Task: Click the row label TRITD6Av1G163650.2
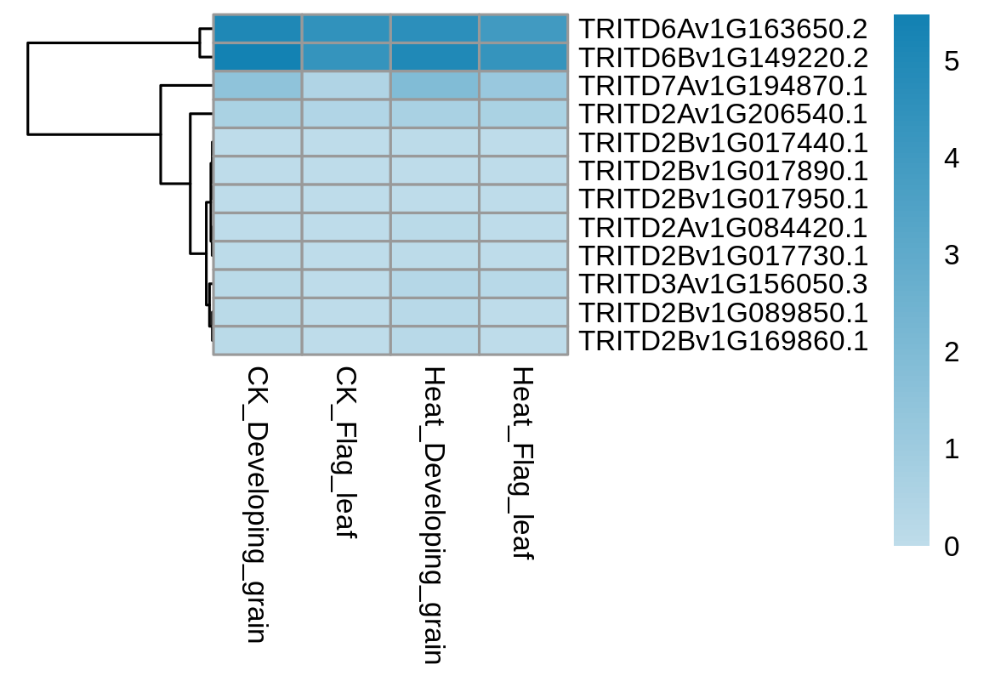pyautogui.click(x=723, y=29)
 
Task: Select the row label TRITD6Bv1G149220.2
pyautogui.click(x=723, y=58)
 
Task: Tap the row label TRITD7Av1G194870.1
pyautogui.click(x=723, y=86)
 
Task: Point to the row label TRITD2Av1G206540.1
pyautogui.click(x=723, y=114)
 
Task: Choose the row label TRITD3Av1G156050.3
pyautogui.click(x=723, y=284)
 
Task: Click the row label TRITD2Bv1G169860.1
pyautogui.click(x=723, y=341)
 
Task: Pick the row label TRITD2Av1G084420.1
pyautogui.click(x=723, y=228)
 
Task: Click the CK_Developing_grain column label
pyautogui.click(x=257, y=504)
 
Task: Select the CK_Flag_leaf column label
pyautogui.click(x=346, y=452)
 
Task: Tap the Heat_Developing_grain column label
pyautogui.click(x=435, y=515)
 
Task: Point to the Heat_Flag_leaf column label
pyautogui.click(x=524, y=463)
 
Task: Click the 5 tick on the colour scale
pyautogui.click(x=952, y=61)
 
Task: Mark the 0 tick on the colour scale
pyautogui.click(x=952, y=546)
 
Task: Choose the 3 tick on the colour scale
pyautogui.click(x=952, y=255)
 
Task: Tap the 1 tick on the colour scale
pyautogui.click(x=952, y=449)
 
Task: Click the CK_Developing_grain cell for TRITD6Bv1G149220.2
pyautogui.click(x=257, y=57)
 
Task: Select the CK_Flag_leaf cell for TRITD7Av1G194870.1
pyautogui.click(x=346, y=86)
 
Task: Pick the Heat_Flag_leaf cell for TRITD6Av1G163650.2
pyautogui.click(x=524, y=29)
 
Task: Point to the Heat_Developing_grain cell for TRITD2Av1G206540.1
pyautogui.click(x=435, y=114)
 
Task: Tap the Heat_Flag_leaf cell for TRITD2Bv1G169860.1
pyautogui.click(x=524, y=341)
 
